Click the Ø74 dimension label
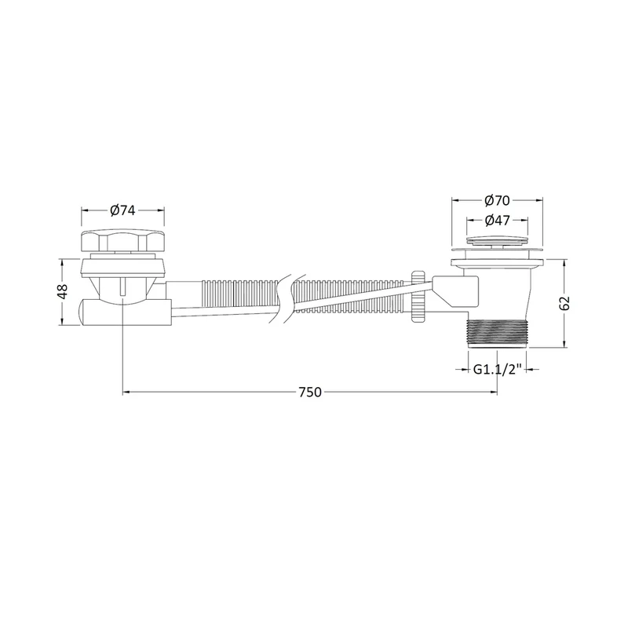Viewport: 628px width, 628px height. (x=122, y=210)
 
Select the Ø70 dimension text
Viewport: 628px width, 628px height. (x=497, y=200)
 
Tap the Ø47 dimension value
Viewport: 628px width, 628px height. (x=497, y=221)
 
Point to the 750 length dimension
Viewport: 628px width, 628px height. (x=310, y=392)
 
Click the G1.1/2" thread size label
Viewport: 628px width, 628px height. (x=497, y=369)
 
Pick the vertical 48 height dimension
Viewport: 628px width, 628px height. (x=63, y=291)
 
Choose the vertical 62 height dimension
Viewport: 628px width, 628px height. (x=564, y=303)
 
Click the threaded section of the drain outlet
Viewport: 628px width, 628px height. (x=497, y=333)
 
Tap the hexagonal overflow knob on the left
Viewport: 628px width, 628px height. (x=122, y=241)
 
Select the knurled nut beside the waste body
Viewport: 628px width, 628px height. (x=418, y=297)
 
